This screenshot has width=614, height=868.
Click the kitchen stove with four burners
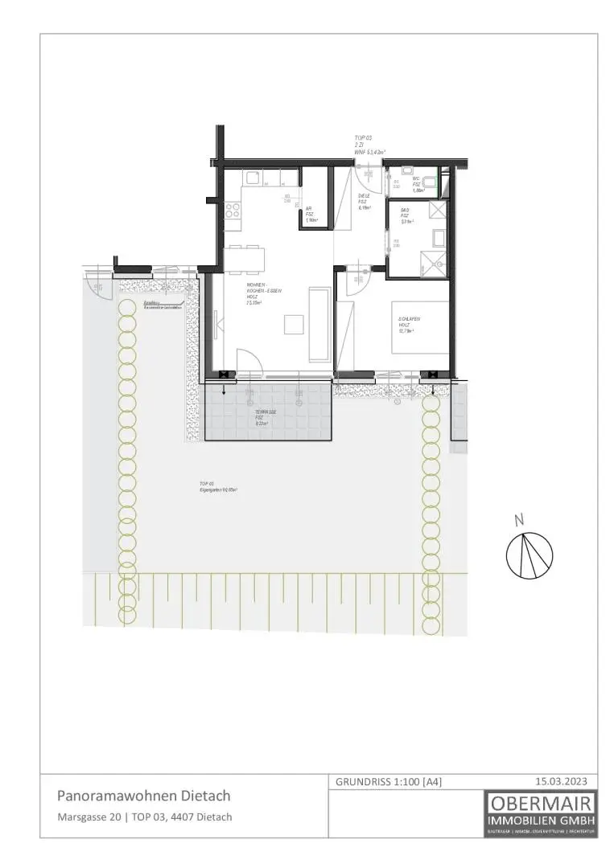(x=233, y=211)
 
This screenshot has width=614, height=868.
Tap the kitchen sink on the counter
(x=252, y=178)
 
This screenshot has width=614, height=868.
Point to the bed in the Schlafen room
(x=419, y=328)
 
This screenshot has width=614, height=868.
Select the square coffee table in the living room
(x=292, y=325)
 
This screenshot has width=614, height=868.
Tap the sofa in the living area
(x=319, y=325)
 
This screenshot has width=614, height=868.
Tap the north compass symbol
(x=529, y=553)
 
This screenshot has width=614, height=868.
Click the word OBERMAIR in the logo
(x=541, y=803)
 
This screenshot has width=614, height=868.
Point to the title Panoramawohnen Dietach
(x=143, y=796)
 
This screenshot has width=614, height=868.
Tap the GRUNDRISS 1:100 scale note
(x=388, y=781)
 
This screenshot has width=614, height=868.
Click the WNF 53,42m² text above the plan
(x=370, y=151)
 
